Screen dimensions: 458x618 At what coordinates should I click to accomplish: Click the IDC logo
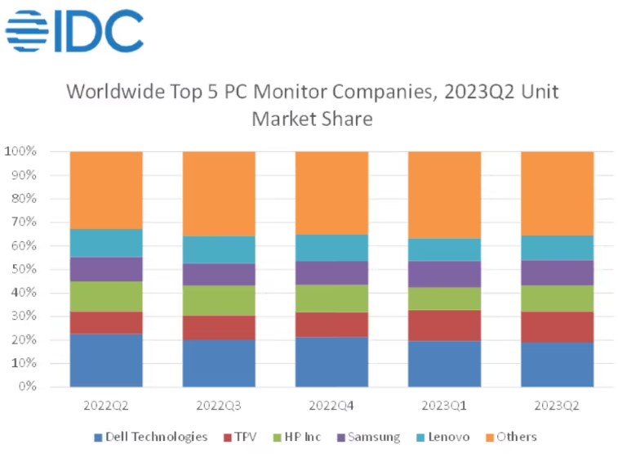point(74,31)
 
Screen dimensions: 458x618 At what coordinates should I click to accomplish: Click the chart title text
point(312,104)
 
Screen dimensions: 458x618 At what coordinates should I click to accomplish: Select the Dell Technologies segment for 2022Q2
point(106,360)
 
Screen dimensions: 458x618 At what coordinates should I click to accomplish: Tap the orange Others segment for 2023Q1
point(444,195)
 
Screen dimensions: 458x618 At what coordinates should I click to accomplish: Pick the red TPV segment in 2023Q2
point(557,327)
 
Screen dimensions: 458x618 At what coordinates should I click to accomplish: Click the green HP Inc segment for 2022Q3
point(219,300)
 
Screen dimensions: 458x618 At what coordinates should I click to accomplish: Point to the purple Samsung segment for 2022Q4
point(331,273)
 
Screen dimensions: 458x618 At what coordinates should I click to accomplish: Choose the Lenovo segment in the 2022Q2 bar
point(106,243)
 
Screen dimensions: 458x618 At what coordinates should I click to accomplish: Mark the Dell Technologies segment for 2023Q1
point(444,364)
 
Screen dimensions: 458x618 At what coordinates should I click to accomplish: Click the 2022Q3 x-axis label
point(219,405)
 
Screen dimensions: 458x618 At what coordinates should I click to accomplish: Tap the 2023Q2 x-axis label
point(557,405)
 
